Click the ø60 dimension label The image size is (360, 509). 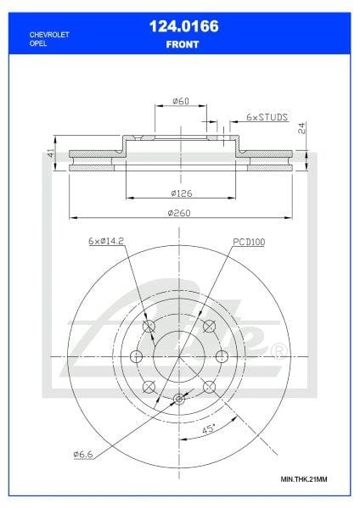[180, 101]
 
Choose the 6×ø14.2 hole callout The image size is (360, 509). [107, 242]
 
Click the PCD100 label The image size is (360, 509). [250, 242]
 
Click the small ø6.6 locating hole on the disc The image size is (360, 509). [178, 400]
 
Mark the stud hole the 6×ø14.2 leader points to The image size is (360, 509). [149, 328]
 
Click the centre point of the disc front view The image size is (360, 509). [179, 357]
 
